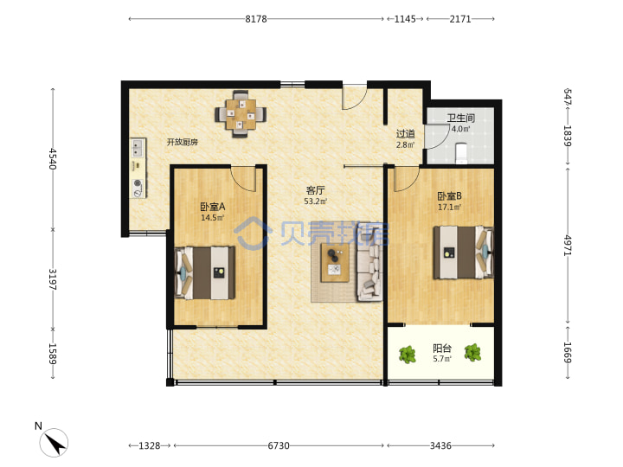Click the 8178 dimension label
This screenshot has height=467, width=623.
click(256, 19)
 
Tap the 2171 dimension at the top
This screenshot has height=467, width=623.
click(460, 19)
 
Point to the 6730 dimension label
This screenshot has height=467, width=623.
click(278, 445)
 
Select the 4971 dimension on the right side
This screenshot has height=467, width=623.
click(568, 246)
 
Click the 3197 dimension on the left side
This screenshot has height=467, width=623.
click(53, 279)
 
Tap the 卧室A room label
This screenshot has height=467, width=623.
click(213, 207)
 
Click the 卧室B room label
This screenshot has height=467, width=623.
click(449, 196)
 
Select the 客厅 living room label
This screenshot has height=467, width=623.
click(316, 190)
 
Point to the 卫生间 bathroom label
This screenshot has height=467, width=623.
click(461, 118)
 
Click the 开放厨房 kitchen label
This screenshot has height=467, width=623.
click(183, 142)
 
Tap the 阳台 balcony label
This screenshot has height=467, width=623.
click(442, 349)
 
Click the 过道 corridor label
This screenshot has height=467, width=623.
click(405, 134)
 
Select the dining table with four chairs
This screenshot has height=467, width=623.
click(241, 114)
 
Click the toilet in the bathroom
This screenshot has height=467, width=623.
click(461, 153)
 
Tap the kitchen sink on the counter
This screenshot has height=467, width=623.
click(138, 148)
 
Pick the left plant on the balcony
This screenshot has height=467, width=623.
click(408, 355)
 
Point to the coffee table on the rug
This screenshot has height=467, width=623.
click(335, 263)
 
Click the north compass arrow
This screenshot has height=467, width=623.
click(55, 444)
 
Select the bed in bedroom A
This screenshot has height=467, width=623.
click(205, 272)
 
